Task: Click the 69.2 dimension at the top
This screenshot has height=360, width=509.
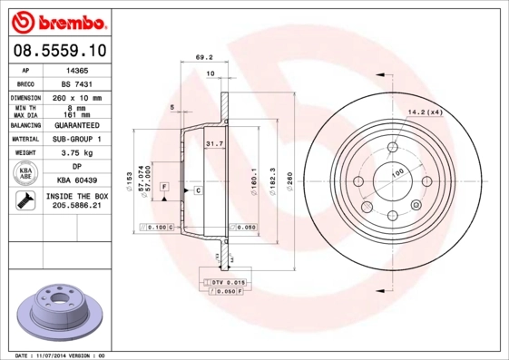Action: (x=203, y=57)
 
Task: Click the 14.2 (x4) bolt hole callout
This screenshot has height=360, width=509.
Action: (x=425, y=112)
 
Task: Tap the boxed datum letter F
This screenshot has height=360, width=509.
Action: (x=165, y=186)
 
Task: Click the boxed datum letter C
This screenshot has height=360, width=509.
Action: (x=197, y=190)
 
